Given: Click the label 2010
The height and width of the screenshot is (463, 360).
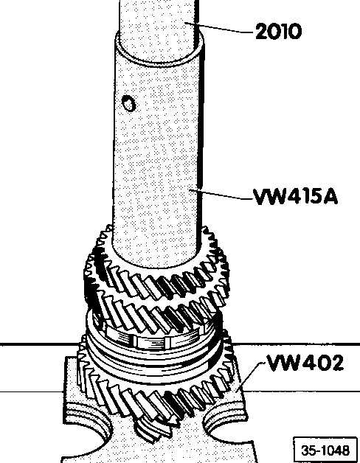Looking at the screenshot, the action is [x=278, y=31].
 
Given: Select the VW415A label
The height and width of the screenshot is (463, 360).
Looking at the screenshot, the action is [x=295, y=197].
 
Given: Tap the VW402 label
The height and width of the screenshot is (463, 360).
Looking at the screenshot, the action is [x=305, y=363].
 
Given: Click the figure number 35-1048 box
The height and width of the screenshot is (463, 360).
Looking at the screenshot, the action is [x=325, y=450].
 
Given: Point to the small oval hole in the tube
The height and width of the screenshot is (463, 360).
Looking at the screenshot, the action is [x=128, y=103].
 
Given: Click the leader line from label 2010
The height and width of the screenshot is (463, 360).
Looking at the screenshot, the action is [x=219, y=27].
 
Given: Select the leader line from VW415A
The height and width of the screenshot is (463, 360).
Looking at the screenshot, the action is [x=221, y=194].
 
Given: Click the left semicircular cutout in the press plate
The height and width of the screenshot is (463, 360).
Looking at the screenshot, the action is [x=89, y=431].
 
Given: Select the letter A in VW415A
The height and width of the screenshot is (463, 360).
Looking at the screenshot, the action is [x=330, y=197].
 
